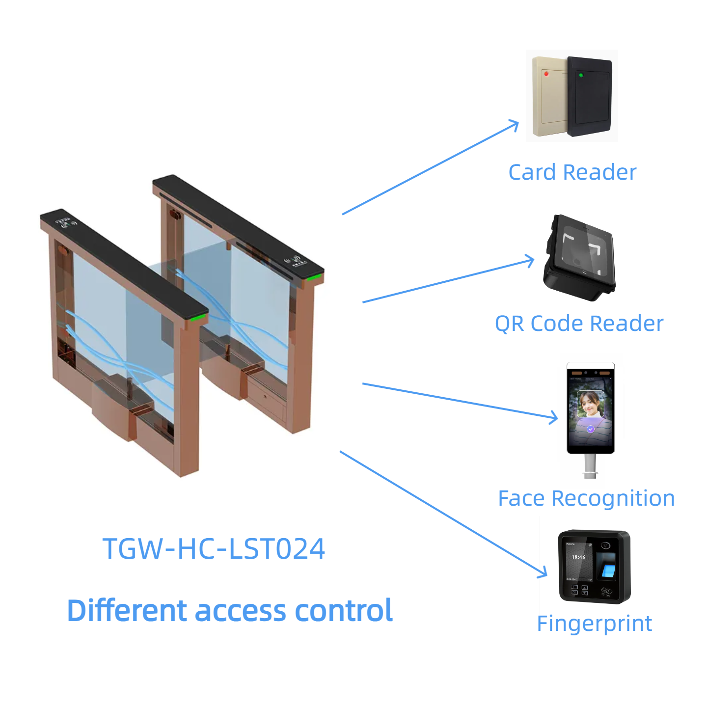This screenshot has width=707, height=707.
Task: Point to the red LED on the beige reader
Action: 546,74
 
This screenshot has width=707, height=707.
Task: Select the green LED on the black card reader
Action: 581,75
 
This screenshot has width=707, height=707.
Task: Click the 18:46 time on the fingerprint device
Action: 578,557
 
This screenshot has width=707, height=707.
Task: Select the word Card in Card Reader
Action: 532,172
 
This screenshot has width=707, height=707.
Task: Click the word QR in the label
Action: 509,324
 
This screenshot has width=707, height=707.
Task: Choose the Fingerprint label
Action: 594,624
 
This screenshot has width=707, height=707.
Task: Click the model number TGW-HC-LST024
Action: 214,548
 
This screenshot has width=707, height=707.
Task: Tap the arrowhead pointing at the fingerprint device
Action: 543,572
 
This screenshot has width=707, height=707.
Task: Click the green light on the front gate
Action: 199,318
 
